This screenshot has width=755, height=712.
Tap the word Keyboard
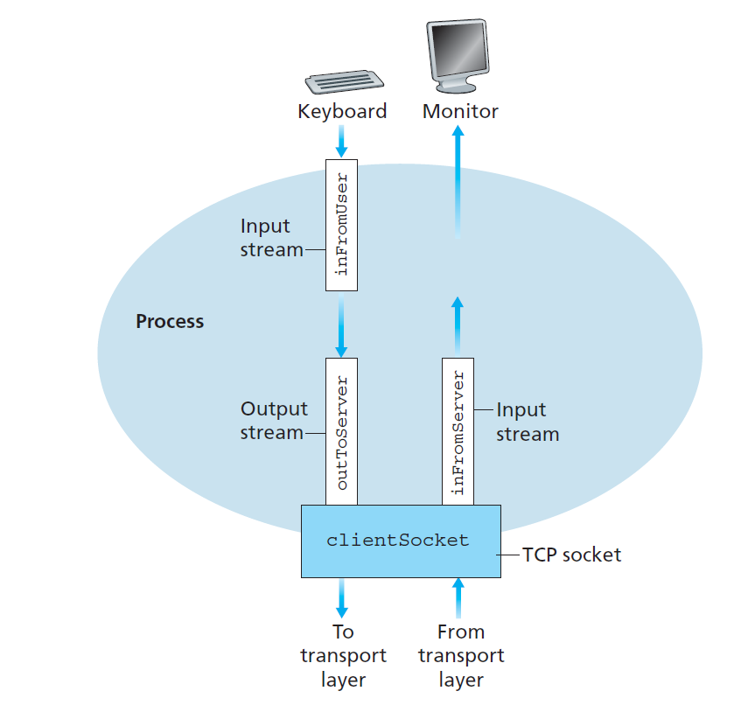[x=342, y=112]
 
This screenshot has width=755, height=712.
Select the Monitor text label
[x=460, y=112]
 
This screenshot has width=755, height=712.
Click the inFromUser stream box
[x=341, y=225]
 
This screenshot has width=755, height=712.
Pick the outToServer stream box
[x=341, y=431]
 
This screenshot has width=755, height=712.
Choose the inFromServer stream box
[x=458, y=431]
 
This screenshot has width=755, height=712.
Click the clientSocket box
[x=401, y=541]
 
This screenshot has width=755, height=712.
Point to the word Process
[x=170, y=322]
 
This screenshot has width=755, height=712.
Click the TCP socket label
[x=571, y=555]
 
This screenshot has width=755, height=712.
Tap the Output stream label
[x=274, y=421]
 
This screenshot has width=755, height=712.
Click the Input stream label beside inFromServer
[x=527, y=422]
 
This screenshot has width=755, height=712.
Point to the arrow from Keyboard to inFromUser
[x=341, y=141]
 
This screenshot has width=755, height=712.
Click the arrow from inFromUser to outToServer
[x=341, y=325]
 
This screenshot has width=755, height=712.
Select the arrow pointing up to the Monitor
[x=458, y=175]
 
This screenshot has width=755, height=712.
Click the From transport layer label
[x=461, y=656]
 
